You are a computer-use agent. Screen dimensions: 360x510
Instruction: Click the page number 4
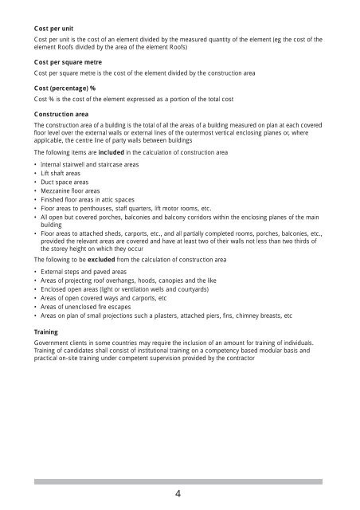pyautogui.click(x=180, y=494)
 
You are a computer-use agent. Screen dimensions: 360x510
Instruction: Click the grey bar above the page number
pyautogui.click(x=180, y=481)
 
